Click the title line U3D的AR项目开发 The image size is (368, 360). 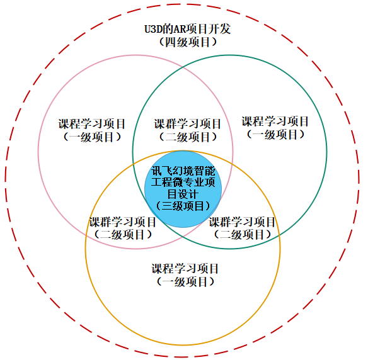pos(187,30)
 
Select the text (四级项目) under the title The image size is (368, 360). pos(188,42)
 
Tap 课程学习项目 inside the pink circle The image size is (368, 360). pos(91,124)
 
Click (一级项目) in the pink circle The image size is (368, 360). pos(92,137)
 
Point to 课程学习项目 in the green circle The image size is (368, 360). pos(275,121)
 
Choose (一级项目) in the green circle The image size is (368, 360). pos(275,135)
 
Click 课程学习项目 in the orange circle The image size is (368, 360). pos(185,269)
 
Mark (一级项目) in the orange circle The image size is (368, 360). pos(185,282)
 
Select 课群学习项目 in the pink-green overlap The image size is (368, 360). pos(188,124)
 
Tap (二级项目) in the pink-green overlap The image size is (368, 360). pos(188,137)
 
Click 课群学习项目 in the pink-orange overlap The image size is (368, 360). pos(122,222)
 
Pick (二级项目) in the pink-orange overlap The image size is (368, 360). pos(123,235)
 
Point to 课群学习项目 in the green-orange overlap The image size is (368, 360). pos(242,222)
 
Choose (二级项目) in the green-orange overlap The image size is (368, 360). pos(243,235)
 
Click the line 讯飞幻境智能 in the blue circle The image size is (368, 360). pos(183,171)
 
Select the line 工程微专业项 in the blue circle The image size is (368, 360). pos(183,182)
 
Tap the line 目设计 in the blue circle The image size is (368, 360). pos(183,194)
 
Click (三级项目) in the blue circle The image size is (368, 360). pos(183,206)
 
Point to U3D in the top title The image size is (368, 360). pos(153,30)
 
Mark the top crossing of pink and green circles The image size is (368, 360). pos(183,67)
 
